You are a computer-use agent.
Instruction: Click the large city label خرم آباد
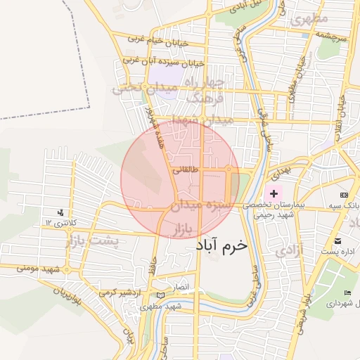click(219, 246)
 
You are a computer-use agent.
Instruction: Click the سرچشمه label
click(331, 34)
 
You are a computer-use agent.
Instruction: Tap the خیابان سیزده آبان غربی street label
click(164, 62)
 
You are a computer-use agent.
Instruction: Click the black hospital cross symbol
click(274, 193)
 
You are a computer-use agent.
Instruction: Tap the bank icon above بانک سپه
click(344, 195)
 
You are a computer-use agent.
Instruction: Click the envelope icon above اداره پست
click(338, 240)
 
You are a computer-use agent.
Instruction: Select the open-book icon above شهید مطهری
click(161, 296)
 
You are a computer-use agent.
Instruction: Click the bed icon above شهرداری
click(347, 292)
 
